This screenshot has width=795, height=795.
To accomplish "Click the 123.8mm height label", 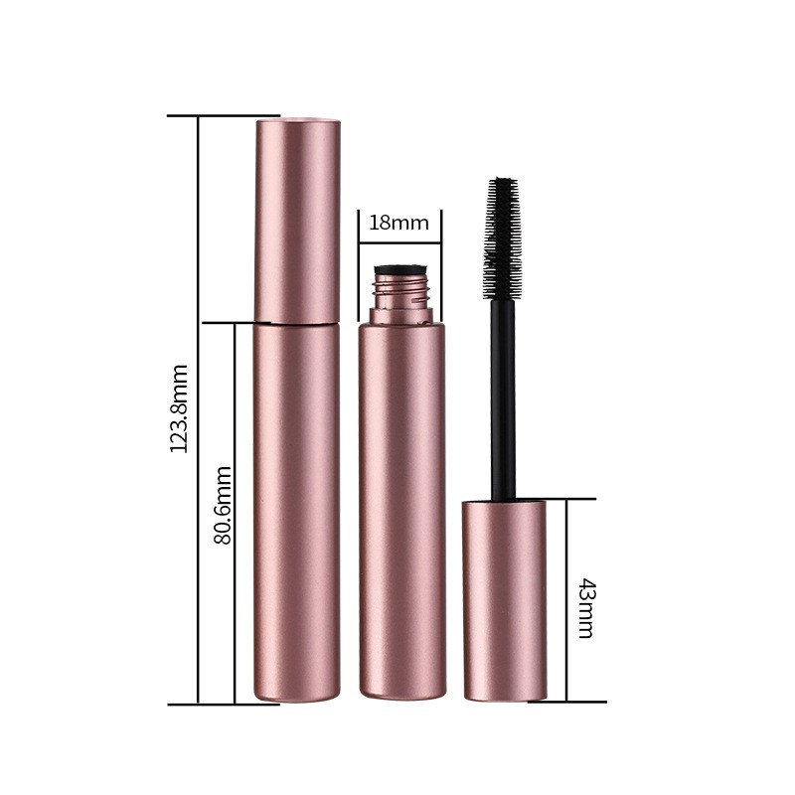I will [x=179, y=408].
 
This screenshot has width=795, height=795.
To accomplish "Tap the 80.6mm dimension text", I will [x=224, y=504].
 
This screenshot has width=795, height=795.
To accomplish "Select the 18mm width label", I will [x=398, y=223].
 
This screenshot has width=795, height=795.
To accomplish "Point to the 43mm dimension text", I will [x=585, y=606].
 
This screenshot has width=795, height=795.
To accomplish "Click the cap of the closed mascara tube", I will [x=297, y=219].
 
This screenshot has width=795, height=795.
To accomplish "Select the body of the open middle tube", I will [x=400, y=507].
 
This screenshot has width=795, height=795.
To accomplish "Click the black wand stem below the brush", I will [x=504, y=397].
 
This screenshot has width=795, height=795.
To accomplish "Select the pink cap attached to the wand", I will [x=504, y=601].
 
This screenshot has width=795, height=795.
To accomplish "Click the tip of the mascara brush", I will [x=504, y=182].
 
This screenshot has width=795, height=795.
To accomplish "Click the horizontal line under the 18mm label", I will [x=399, y=239].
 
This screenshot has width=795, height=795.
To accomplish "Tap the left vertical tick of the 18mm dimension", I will [x=358, y=263].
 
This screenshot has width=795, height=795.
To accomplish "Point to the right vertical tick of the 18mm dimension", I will [x=440, y=263].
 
